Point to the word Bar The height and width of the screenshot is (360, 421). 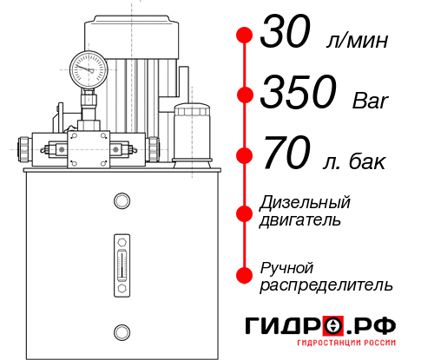click(372, 101)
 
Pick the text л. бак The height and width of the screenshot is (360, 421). click(352, 161)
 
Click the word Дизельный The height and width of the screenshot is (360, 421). click(305, 203)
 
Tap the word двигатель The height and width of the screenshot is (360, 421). click(300, 220)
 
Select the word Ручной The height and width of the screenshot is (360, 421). click(286, 266)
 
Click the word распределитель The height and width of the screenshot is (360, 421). click(326, 285)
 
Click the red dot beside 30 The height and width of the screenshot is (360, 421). click(245, 36)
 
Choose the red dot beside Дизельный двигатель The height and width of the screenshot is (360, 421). click(245, 212)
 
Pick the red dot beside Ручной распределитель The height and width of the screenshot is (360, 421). click(245, 274)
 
